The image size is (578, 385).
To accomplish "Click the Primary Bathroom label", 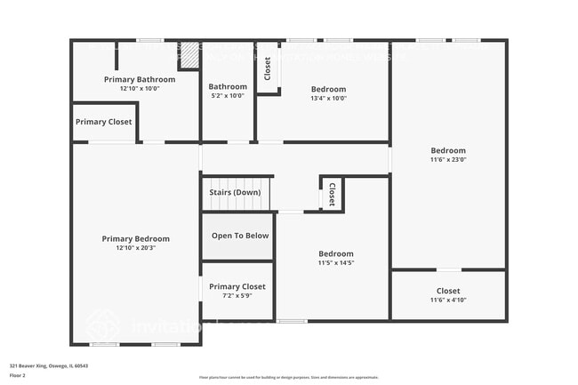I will tap(140, 79).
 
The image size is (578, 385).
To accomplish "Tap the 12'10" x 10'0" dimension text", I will tap(140, 89).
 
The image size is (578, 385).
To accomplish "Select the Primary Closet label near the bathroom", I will tap(103, 122).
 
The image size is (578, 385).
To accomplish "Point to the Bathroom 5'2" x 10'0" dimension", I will tap(228, 96).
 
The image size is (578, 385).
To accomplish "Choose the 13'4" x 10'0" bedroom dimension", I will tap(328, 99).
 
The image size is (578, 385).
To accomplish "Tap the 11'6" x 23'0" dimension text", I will tap(448, 160).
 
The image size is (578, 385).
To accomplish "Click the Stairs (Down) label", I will tap(235, 192).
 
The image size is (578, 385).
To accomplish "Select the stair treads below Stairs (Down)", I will tap(237, 204).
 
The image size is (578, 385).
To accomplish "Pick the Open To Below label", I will tap(240, 236).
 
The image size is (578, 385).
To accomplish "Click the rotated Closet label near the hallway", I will tap(332, 194).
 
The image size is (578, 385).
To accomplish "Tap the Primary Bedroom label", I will tap(135, 238).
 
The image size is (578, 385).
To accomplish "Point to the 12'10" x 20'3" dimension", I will tap(135, 248).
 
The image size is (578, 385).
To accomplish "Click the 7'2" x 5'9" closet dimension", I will tap(237, 296).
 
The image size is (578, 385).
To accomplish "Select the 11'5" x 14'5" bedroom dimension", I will tap(336, 263).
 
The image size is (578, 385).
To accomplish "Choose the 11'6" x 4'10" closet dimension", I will tap(448, 301).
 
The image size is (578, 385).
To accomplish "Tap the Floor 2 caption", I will tap(17, 374).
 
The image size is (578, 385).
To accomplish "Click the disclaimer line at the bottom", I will tap(288, 377).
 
